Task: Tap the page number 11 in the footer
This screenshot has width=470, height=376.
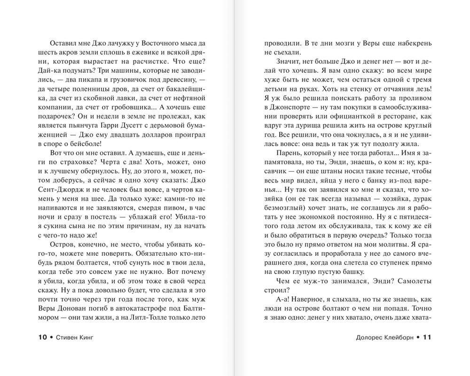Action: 427,337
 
